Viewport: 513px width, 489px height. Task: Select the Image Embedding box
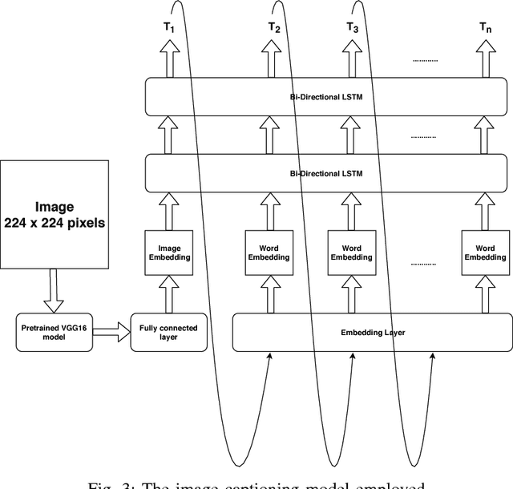click(169, 253)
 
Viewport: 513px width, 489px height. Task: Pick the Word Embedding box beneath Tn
click(484, 253)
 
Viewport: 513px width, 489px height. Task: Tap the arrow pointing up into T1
click(169, 59)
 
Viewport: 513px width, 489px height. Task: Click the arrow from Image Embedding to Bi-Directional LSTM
click(169, 210)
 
